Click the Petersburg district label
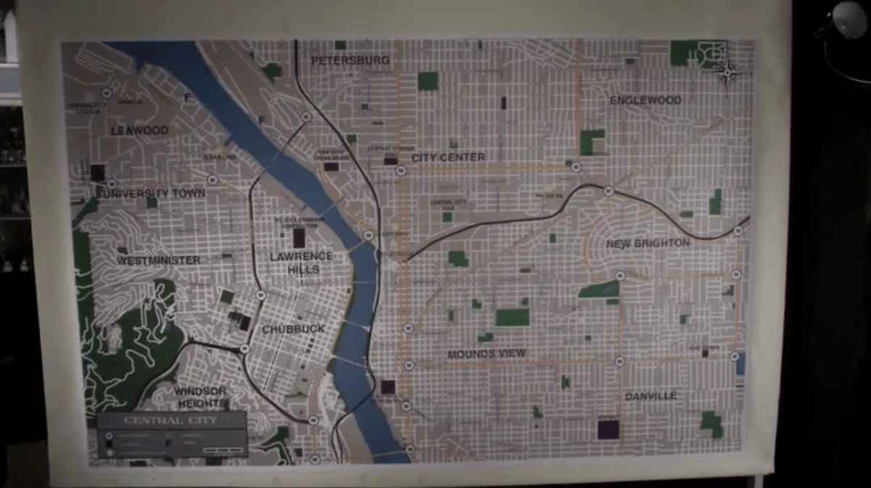click(351, 61)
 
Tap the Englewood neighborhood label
click(645, 100)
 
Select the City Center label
click(449, 157)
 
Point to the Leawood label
click(139, 131)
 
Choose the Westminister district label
click(158, 260)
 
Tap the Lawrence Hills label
click(301, 262)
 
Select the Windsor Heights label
click(201, 397)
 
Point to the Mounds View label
click(486, 354)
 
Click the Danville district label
click(650, 396)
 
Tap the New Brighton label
click(647, 244)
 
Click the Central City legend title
click(170, 421)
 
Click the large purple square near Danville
click(608, 429)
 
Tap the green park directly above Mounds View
click(512, 318)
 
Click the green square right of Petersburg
click(428, 81)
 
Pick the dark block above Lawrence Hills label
click(299, 237)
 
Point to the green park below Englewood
click(592, 142)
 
